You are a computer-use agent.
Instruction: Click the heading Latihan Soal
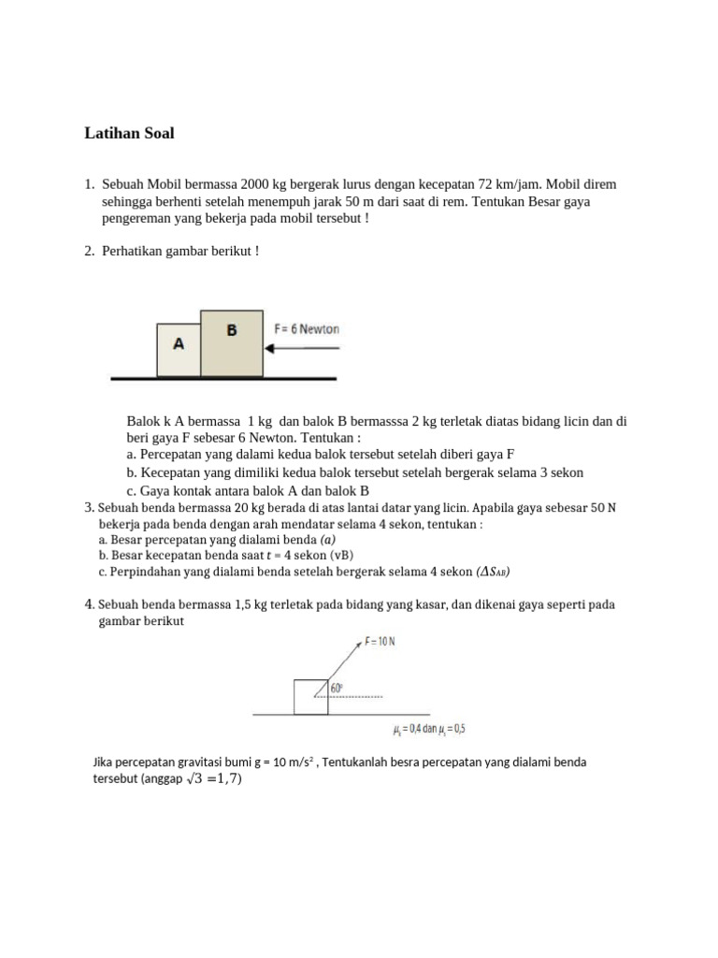click(129, 134)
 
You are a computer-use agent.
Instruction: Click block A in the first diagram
click(178, 345)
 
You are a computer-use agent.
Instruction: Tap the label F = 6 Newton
click(307, 329)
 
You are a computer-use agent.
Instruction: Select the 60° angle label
click(337, 688)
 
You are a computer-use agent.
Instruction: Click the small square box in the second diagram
click(310, 697)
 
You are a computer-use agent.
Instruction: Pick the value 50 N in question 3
click(603, 508)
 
